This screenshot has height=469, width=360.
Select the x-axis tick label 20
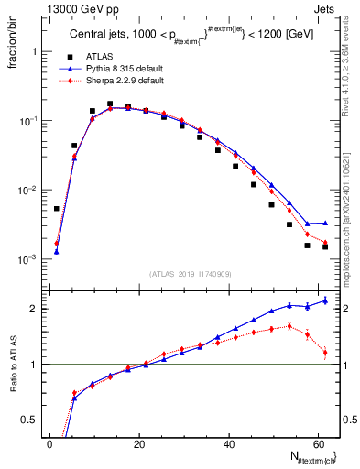click(x=138, y=443)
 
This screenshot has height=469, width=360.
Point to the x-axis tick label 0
click(x=49, y=443)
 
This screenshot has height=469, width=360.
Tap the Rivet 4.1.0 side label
click(x=346, y=73)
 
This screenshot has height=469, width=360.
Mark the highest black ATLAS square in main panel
click(x=110, y=104)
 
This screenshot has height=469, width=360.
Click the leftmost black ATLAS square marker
click(x=57, y=209)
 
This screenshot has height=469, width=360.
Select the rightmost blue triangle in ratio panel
click(x=325, y=300)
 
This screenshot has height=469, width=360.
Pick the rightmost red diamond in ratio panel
click(x=325, y=352)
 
